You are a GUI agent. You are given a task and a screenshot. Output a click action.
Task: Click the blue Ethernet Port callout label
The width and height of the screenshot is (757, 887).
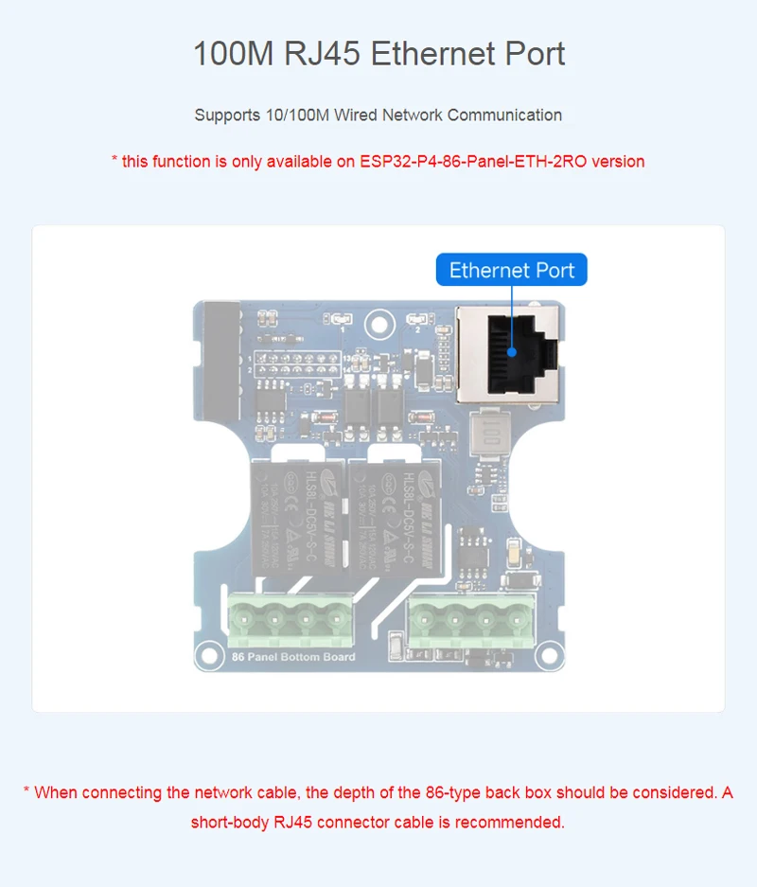[x=511, y=271]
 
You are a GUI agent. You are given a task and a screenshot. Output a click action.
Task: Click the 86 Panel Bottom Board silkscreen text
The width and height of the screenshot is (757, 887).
[x=293, y=657]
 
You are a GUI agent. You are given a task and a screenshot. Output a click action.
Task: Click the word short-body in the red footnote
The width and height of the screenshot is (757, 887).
[x=230, y=822]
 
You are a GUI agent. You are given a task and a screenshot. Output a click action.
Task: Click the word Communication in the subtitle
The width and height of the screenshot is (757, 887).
[x=504, y=115]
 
